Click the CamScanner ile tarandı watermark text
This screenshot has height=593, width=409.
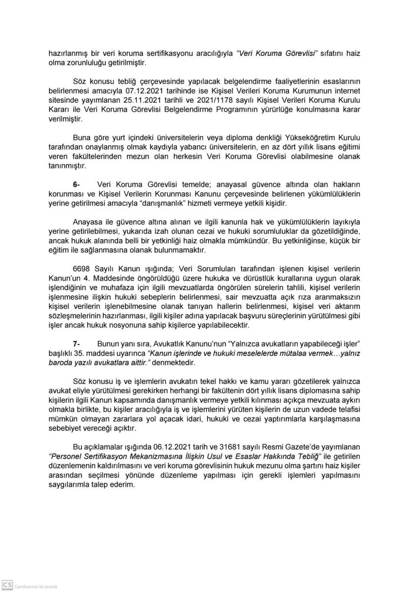(36, 587)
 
